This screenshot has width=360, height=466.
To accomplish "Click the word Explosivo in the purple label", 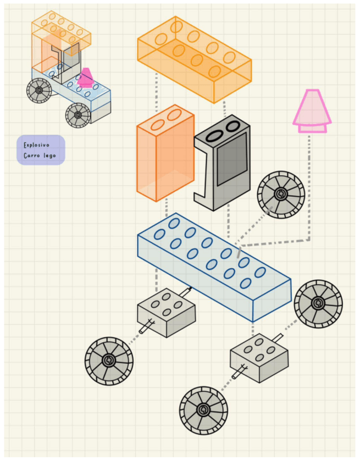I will pyautogui.click(x=36, y=145).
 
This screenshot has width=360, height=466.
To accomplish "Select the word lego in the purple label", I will pyautogui.click(x=48, y=156).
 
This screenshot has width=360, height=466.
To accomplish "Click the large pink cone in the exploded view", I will pyautogui.click(x=312, y=110).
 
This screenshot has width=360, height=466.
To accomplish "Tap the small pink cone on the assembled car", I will pyautogui.click(x=85, y=78).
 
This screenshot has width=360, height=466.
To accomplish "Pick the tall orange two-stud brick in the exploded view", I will pyautogui.click(x=165, y=157).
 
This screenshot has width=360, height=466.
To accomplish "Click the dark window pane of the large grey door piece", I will pyautogui.click(x=231, y=160).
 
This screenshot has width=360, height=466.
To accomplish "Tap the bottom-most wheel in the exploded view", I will pyautogui.click(x=203, y=410).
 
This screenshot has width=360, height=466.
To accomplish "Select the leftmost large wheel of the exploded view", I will pyautogui.click(x=109, y=360).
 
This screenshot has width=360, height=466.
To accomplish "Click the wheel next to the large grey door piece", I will pyautogui.click(x=281, y=194).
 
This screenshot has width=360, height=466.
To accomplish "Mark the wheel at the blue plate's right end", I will pyautogui.click(x=318, y=303).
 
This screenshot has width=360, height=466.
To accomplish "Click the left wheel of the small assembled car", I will pyautogui.click(x=39, y=90).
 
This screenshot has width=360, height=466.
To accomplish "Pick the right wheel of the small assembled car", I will pyautogui.click(x=78, y=115).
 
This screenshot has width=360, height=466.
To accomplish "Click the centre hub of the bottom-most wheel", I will pyautogui.click(x=203, y=410).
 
